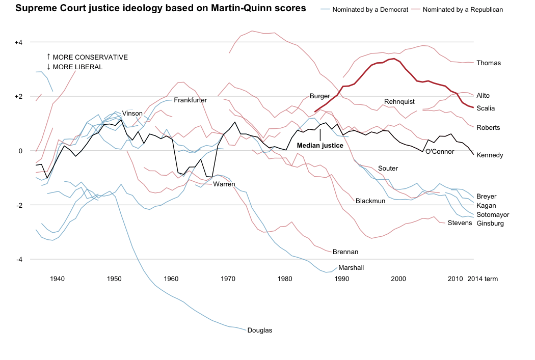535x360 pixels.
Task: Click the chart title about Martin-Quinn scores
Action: click(x=161, y=8)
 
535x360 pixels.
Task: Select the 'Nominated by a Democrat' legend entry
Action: click(x=370, y=10)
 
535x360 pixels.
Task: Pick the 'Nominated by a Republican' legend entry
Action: click(x=463, y=10)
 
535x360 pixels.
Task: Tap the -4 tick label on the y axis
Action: click(x=20, y=260)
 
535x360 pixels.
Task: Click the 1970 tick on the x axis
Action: click(x=228, y=279)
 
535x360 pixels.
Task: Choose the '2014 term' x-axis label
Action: click(x=482, y=279)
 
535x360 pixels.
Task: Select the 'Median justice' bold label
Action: click(x=320, y=145)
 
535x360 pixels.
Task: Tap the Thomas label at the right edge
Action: click(x=489, y=63)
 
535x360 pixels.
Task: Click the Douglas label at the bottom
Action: click(x=260, y=330)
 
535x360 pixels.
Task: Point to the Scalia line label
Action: click(x=486, y=108)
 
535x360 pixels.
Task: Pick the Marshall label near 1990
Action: click(x=351, y=267)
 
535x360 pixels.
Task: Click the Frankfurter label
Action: click(x=191, y=100)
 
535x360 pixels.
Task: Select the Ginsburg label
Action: click(x=490, y=224)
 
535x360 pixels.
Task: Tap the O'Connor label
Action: click(x=440, y=152)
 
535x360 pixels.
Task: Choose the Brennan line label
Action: click(x=345, y=252)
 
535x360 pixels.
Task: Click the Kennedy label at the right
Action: click(x=490, y=155)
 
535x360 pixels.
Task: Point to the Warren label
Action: click(x=224, y=184)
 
